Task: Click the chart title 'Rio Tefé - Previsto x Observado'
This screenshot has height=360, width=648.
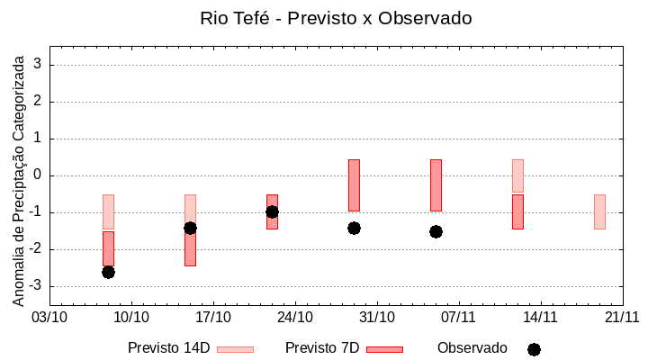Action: (x=336, y=18)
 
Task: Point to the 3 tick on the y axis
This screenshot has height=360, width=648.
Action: (x=39, y=65)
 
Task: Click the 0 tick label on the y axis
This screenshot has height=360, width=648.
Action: (x=39, y=175)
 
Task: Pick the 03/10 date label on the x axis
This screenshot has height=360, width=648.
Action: (x=49, y=317)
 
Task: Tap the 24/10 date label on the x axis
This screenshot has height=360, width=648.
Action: (x=295, y=317)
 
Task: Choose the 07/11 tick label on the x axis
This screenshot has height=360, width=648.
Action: (x=459, y=317)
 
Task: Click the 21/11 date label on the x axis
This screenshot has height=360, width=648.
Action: (x=622, y=317)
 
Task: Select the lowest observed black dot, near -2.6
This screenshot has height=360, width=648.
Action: (x=108, y=272)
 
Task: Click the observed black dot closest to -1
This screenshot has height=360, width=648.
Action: (x=272, y=211)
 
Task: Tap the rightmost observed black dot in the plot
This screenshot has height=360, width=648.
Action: (x=436, y=231)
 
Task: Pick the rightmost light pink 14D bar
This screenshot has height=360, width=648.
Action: (x=599, y=211)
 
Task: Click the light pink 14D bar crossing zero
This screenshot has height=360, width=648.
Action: (x=517, y=175)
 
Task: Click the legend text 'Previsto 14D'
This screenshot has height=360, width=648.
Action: (x=168, y=348)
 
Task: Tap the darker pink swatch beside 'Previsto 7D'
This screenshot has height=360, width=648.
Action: (x=384, y=349)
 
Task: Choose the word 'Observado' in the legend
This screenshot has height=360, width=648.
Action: (x=472, y=348)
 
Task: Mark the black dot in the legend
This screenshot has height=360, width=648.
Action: (x=534, y=349)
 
